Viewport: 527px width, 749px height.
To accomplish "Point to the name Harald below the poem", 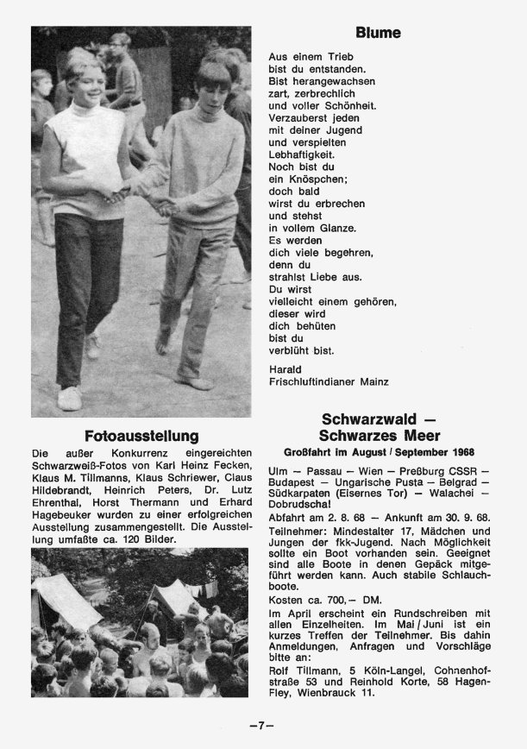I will pyautogui.click(x=285, y=367).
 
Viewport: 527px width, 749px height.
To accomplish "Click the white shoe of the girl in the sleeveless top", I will pyautogui.click(x=70, y=397).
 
